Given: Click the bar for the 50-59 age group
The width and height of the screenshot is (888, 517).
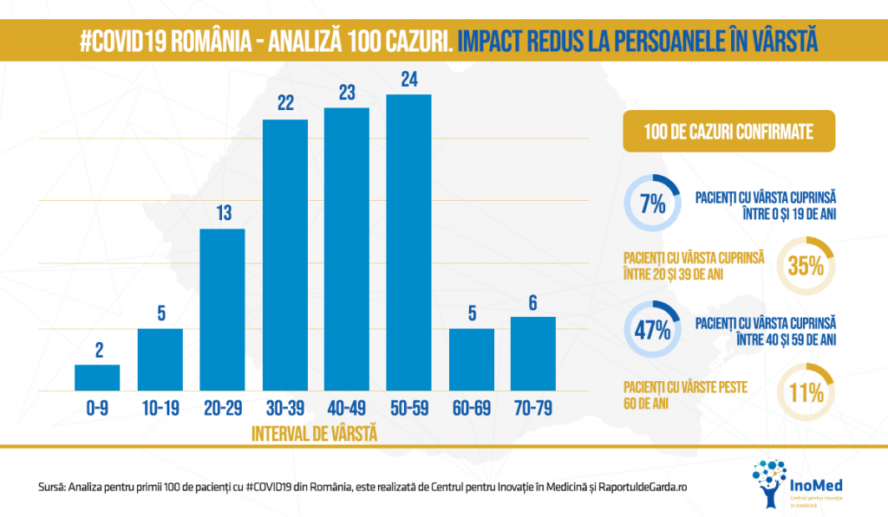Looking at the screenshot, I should pyautogui.click(x=408, y=243).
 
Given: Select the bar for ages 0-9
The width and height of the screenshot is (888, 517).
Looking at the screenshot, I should pyautogui.click(x=97, y=378).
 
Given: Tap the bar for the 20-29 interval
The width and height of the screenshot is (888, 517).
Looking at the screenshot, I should pyautogui.click(x=222, y=310).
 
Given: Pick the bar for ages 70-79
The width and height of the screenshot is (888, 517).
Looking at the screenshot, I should pyautogui.click(x=533, y=354).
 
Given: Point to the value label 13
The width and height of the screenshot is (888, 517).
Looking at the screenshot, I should pyautogui.click(x=222, y=213).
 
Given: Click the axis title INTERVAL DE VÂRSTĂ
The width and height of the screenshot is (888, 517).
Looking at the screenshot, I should pyautogui.click(x=314, y=432).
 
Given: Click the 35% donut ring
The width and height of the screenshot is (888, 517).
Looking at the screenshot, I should pyautogui.click(x=806, y=266).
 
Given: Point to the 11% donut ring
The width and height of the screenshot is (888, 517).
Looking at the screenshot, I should pyautogui.click(x=806, y=392).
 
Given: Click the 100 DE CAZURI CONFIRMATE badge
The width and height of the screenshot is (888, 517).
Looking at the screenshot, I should pyautogui.click(x=728, y=132).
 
